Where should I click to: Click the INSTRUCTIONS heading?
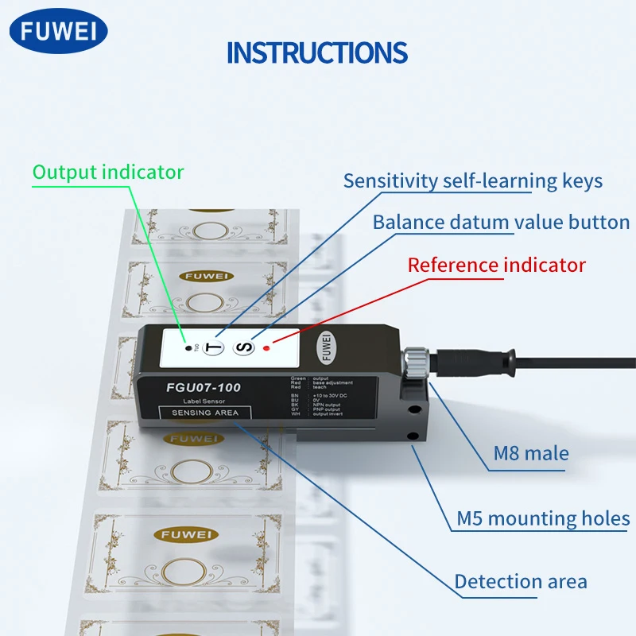[317, 52]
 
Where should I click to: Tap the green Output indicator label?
[108, 172]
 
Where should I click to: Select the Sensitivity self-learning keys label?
[472, 180]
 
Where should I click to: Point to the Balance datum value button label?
[501, 222]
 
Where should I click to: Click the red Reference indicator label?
[496, 265]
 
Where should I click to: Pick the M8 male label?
[531, 454]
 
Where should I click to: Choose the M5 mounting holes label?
[543, 519]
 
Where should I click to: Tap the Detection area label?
[521, 581]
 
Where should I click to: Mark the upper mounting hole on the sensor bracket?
[413, 411]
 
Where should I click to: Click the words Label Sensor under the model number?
[193, 401]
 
